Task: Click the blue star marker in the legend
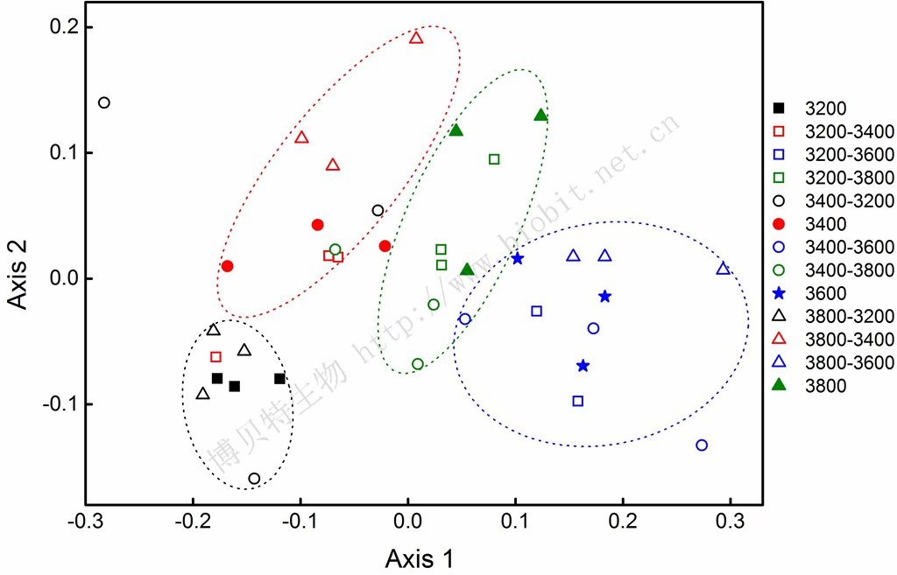(779, 293)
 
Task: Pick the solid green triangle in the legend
(779, 386)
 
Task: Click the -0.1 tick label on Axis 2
(59, 404)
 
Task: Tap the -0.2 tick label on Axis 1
(193, 522)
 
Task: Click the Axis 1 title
(420, 558)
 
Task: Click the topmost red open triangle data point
(416, 38)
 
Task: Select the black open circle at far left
(104, 103)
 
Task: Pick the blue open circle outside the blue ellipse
(702, 445)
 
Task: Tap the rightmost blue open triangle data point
(724, 268)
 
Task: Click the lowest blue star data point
(583, 366)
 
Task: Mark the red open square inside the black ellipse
(215, 357)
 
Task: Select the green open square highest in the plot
(494, 159)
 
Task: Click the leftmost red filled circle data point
(227, 266)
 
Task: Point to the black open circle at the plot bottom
(255, 479)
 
